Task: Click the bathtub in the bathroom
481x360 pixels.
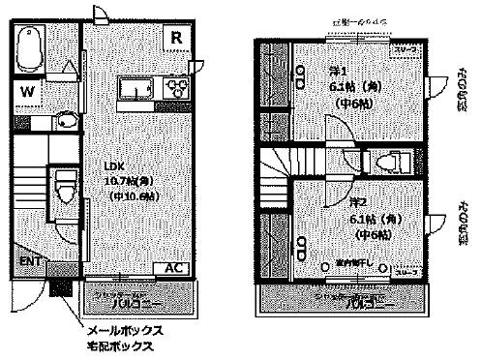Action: click(x=32, y=49)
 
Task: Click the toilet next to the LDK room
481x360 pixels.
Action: click(x=64, y=186)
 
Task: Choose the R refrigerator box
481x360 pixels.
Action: click(x=176, y=37)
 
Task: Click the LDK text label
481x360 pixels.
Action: click(x=117, y=165)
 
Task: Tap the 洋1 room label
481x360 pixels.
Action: click(x=338, y=69)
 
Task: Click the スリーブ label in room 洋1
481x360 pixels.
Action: click(x=404, y=46)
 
